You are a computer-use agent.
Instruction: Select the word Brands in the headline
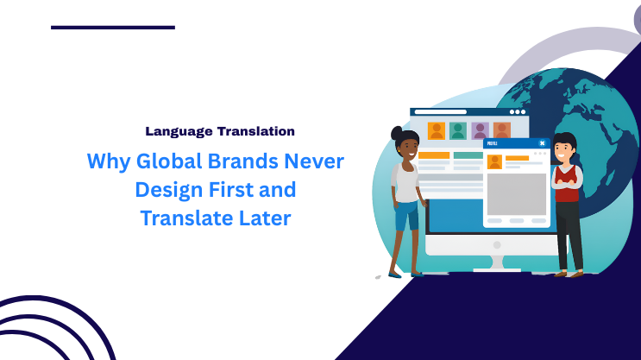pyautogui.click(x=244, y=161)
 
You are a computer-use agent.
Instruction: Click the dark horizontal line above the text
pyautogui.click(x=112, y=28)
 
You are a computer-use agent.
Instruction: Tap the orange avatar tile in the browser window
pyautogui.click(x=436, y=130)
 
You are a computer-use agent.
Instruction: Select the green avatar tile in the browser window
pyautogui.click(x=458, y=130)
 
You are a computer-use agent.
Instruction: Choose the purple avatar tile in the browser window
pyautogui.click(x=481, y=130)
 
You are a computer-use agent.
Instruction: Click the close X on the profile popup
pyautogui.click(x=542, y=143)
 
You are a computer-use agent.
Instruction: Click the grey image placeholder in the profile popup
pyautogui.click(x=516, y=194)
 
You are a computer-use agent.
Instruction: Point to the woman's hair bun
pyautogui.click(x=396, y=134)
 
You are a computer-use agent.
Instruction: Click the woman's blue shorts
pyautogui.click(x=405, y=216)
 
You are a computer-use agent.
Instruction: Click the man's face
pyautogui.click(x=564, y=152)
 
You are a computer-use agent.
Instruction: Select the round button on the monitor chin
pyautogui.click(x=497, y=244)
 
